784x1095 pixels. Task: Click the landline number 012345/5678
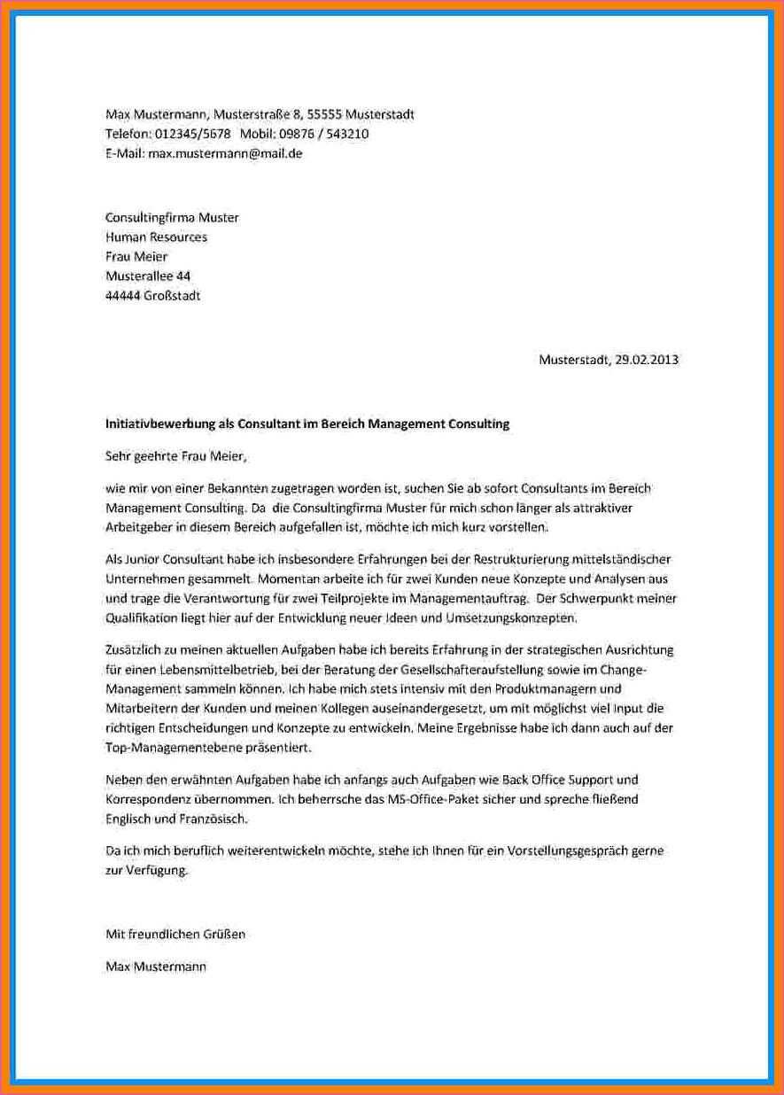point(193,134)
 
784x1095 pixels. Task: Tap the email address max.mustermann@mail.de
point(225,153)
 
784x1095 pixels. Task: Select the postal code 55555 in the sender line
point(324,114)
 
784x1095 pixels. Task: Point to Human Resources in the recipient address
point(156,237)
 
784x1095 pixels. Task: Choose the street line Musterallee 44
point(148,276)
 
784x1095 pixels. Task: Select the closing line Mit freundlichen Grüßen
point(175,934)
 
